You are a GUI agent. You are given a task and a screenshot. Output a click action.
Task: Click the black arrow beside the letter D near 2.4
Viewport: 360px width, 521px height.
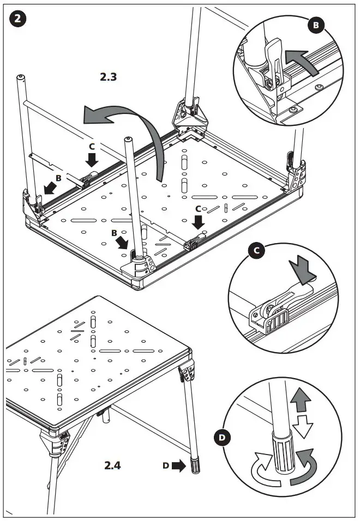point(178,466)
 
